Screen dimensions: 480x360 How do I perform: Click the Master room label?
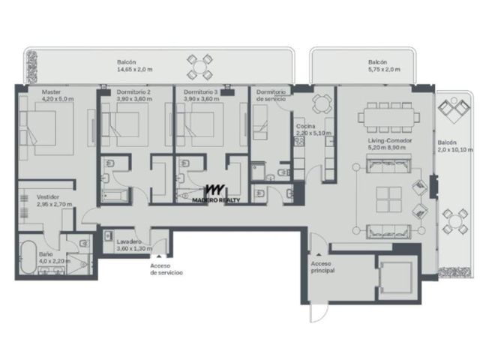tap(51, 91)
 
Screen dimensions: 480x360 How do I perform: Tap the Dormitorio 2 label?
tap(133, 91)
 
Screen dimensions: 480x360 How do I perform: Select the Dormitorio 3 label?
tap(201, 91)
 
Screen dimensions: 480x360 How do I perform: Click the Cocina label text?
tap(305, 126)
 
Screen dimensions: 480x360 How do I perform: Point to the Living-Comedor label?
tap(390, 140)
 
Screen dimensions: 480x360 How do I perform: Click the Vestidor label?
tap(48, 196)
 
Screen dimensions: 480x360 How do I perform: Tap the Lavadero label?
tap(129, 241)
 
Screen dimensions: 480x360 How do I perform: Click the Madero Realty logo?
tap(216, 193)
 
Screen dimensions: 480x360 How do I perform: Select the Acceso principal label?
tap(322, 267)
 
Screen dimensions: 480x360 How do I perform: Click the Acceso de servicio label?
tap(166, 269)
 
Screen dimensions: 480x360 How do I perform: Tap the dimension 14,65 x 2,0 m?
tap(135, 69)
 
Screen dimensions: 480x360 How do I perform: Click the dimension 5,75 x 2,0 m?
tap(384, 69)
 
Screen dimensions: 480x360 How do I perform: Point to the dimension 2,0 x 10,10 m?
tap(455, 150)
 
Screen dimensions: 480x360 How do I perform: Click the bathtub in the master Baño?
tap(28, 257)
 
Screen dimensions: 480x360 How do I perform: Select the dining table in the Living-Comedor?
tap(388, 117)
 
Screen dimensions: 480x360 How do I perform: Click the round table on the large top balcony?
tap(199, 67)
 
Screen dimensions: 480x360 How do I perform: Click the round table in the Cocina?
tap(322, 103)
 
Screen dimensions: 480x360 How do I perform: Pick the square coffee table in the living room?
tap(388, 200)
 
